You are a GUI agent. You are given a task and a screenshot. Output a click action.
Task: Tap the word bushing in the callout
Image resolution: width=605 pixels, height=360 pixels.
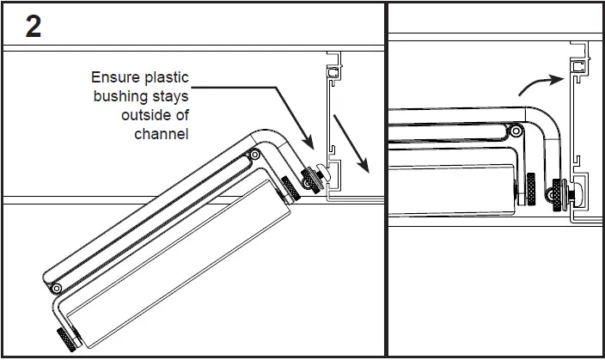pyautogui.click(x=120, y=97)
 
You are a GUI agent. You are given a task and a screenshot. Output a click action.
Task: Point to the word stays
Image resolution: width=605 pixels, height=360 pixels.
pyautogui.click(x=169, y=97)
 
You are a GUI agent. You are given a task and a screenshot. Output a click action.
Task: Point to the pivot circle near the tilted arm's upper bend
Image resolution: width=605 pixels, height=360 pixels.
pyautogui.click(x=255, y=156)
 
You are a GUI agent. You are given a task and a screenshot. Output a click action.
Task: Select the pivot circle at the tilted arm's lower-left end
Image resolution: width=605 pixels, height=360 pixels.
pyautogui.click(x=57, y=286)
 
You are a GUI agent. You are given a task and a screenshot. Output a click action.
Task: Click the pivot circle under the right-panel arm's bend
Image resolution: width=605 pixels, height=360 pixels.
pyautogui.click(x=514, y=132)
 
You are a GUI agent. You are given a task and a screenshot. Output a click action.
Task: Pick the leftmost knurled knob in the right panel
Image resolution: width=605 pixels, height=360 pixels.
pyautogui.click(x=530, y=189)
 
